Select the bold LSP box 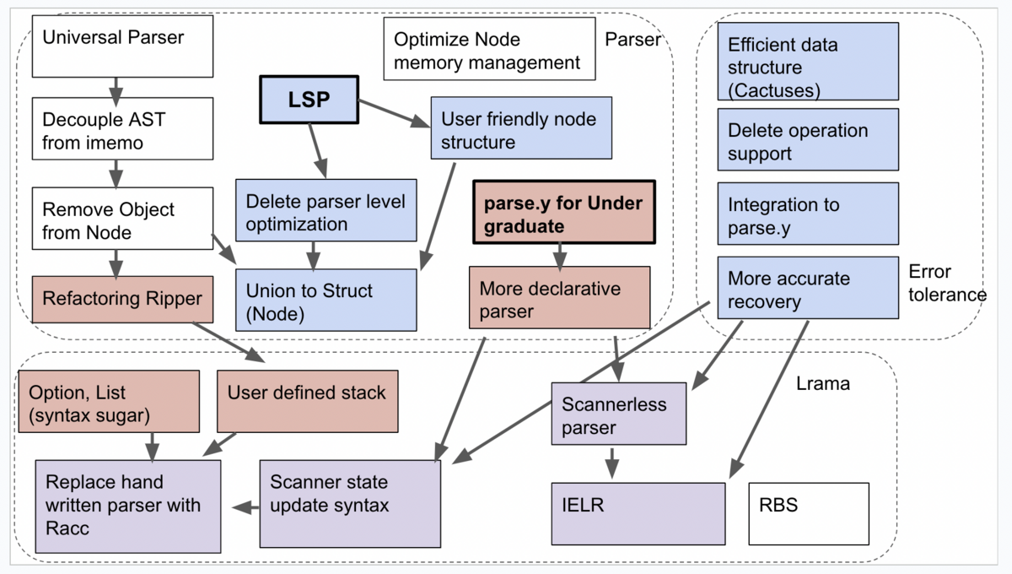point(309,100)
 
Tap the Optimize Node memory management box point(489,50)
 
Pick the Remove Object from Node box point(122,219)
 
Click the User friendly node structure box point(520,128)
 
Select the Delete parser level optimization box point(326,212)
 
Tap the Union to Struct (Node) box point(326,300)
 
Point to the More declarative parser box point(559,298)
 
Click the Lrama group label point(823,384)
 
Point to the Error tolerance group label point(947,283)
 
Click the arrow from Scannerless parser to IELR point(613,463)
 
